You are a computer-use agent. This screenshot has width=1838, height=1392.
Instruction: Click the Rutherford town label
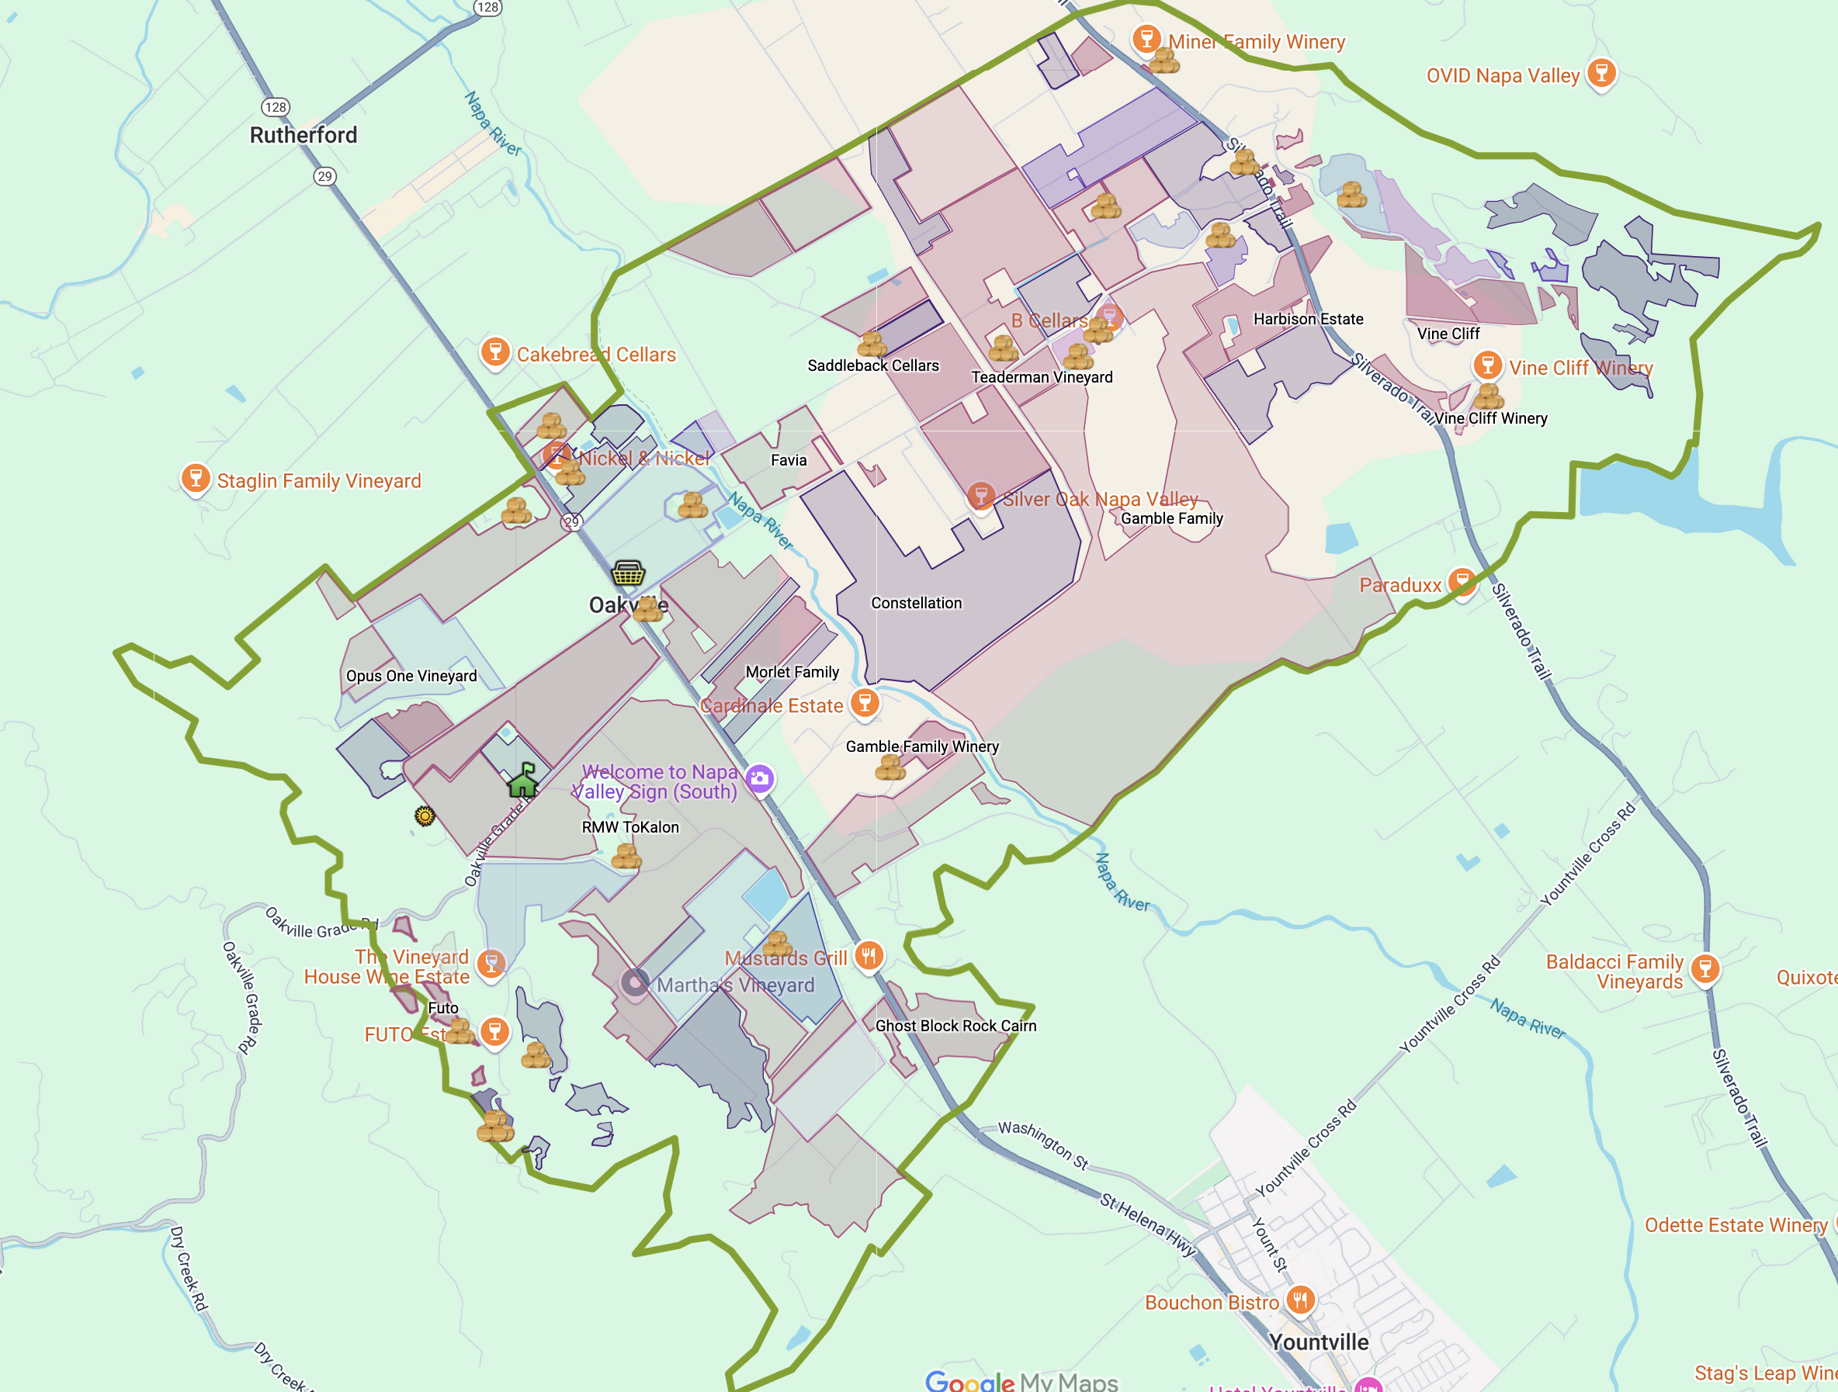tap(303, 134)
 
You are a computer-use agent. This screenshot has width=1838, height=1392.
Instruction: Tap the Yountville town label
tap(1318, 1342)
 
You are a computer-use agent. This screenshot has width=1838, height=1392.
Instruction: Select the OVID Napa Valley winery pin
tap(1600, 73)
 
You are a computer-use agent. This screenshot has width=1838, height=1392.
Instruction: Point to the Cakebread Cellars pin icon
tap(495, 351)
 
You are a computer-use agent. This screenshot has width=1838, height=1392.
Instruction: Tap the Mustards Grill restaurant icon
tap(869, 955)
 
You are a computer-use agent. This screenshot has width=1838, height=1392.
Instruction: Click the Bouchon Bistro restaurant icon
tap(1300, 1299)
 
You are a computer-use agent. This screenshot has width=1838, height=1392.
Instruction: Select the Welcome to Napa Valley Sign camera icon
tap(759, 778)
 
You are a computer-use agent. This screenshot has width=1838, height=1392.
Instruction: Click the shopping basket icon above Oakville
tap(628, 573)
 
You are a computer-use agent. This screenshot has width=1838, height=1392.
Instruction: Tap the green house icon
tap(522, 781)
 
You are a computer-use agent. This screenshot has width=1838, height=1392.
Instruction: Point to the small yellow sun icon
tap(425, 816)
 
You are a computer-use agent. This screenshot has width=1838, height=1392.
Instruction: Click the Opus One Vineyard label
tap(411, 675)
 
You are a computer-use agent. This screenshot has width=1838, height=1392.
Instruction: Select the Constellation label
tap(916, 603)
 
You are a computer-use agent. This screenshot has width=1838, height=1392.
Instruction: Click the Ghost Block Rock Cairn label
tap(955, 1026)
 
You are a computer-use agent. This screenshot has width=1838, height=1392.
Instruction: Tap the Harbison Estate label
tap(1308, 319)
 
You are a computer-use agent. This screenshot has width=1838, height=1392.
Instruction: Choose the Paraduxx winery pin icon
tap(1462, 581)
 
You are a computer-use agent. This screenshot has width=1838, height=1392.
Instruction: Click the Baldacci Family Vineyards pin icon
tap(1705, 968)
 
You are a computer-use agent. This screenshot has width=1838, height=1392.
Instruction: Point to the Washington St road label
tap(1043, 1144)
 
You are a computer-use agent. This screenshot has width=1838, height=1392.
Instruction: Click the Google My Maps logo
tap(1021, 1380)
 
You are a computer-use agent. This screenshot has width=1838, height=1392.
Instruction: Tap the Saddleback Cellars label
tap(872, 365)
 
